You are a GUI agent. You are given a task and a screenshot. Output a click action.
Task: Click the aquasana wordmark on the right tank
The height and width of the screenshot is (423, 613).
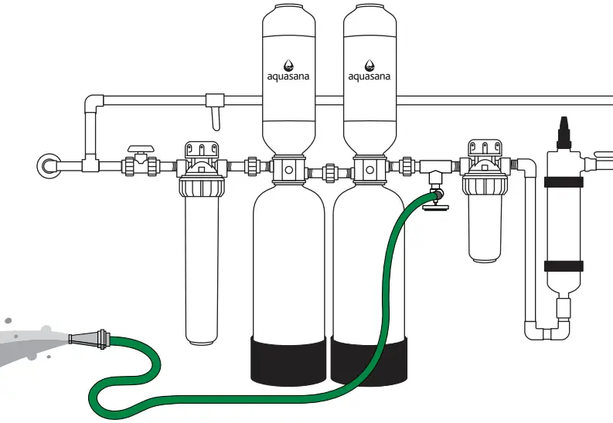click(370, 76)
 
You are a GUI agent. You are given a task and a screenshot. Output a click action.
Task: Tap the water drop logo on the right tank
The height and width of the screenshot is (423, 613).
click(370, 65)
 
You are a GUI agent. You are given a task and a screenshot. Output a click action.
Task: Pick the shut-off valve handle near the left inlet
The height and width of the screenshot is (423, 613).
click(140, 148)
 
